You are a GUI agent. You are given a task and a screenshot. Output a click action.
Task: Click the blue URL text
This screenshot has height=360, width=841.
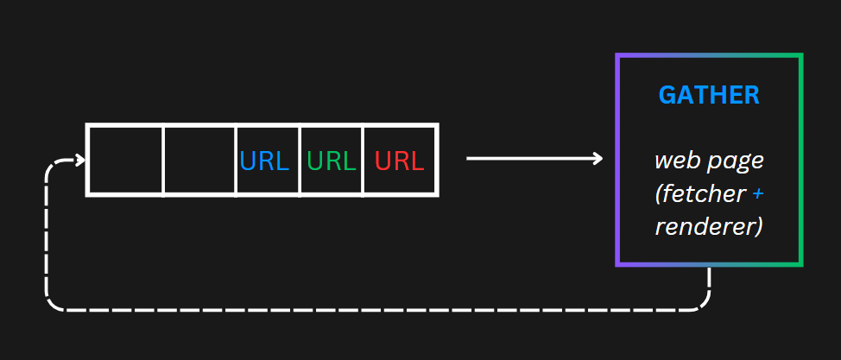coord(264,161)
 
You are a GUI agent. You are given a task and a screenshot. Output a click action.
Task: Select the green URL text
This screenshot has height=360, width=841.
coord(332,161)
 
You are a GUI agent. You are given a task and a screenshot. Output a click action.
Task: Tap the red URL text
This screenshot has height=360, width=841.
coord(399,161)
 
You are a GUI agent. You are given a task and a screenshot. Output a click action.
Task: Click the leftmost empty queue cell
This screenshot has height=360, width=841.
coord(125,160)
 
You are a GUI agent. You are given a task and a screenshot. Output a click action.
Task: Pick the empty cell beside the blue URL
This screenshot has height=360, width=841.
coord(199,160)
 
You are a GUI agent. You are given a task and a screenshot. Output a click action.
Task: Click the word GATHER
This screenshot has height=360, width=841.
coord(709,96)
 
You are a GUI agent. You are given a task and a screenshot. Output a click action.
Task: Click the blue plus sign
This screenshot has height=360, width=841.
coord(757,194)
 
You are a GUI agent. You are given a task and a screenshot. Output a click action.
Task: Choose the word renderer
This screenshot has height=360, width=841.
coord(709,227)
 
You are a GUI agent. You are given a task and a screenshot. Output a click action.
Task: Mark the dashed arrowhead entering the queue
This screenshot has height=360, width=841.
coord(81,160)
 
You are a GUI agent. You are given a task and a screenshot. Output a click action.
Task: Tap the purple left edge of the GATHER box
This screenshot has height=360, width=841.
coord(617,160)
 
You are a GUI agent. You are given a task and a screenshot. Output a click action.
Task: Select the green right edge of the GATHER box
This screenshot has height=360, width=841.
coord(800,160)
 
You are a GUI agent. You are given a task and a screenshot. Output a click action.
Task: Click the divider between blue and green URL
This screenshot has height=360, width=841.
coord(300,160)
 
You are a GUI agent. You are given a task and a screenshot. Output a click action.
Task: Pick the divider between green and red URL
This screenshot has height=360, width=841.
coord(364,160)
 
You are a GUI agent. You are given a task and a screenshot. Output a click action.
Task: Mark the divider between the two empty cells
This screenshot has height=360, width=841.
coord(163,160)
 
